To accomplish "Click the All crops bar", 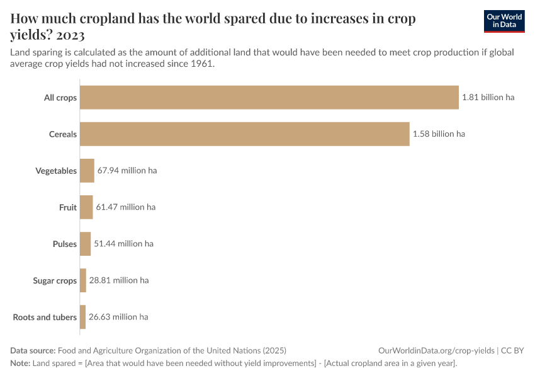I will click(269, 98).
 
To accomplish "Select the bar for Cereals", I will click(244, 134).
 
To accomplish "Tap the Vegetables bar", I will click(87, 171).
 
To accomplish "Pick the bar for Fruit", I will click(86, 207).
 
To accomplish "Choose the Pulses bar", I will click(85, 244).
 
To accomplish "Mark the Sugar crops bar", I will click(83, 280).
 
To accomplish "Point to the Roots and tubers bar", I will click(82, 317).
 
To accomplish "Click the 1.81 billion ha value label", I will click(488, 98).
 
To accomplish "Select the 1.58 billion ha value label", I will click(439, 134).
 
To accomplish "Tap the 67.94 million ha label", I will click(127, 171).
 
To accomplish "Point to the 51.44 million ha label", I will click(123, 244).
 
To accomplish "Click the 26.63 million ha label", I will click(118, 317).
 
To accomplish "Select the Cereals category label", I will click(63, 134).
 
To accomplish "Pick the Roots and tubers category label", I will click(45, 317).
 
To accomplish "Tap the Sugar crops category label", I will click(55, 280).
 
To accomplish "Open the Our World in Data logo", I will click(504, 21).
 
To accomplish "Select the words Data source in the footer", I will click(32, 350).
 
